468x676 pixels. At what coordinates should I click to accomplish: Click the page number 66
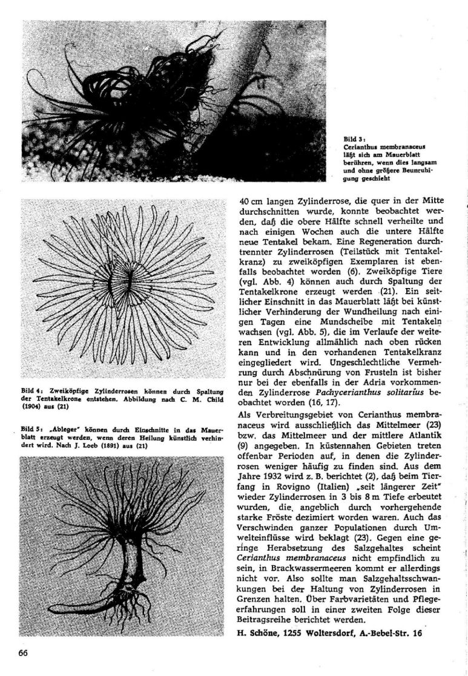pos(24,652)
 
